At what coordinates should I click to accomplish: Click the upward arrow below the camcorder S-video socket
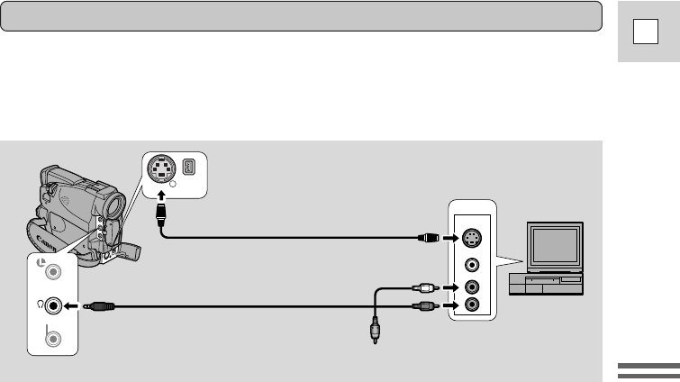tap(162, 194)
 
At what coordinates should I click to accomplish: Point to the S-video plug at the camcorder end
tap(163, 214)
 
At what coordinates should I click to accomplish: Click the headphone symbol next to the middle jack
tap(40, 304)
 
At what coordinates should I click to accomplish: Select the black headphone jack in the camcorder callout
tap(54, 305)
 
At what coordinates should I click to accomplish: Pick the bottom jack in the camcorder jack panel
tap(54, 340)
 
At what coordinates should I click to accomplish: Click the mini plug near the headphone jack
tap(99, 306)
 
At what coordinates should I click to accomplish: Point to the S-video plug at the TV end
tap(430, 239)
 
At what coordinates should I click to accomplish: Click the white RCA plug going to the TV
tap(425, 288)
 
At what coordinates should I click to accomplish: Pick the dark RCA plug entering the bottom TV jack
tap(425, 306)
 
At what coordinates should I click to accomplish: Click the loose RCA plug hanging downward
tap(373, 330)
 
